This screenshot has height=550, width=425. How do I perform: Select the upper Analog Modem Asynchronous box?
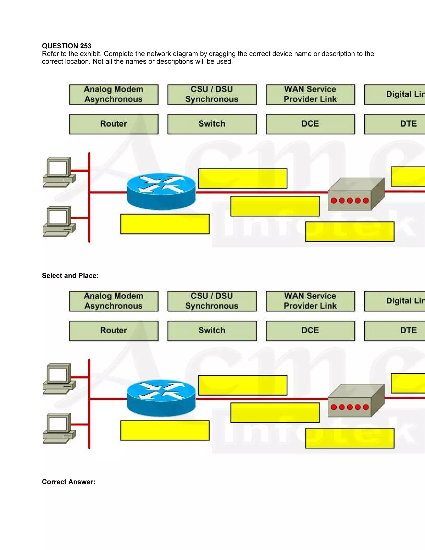pos(114,94)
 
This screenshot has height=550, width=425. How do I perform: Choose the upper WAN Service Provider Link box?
pos(310,94)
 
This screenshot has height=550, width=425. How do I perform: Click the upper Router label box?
pos(114,124)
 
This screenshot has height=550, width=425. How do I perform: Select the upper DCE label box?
pos(310,124)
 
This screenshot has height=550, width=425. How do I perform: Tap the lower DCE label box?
pos(310,330)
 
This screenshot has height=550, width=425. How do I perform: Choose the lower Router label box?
pos(114,330)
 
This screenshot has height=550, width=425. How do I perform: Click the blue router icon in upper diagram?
pos(161,191)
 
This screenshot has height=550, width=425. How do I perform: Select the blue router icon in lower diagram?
pos(161,398)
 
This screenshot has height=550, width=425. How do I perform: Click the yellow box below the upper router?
pos(165,224)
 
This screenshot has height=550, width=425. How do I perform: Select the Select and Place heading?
pos(70,275)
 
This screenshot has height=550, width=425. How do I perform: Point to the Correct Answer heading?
pos(68,482)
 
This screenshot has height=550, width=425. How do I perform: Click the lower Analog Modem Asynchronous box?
pos(114,301)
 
